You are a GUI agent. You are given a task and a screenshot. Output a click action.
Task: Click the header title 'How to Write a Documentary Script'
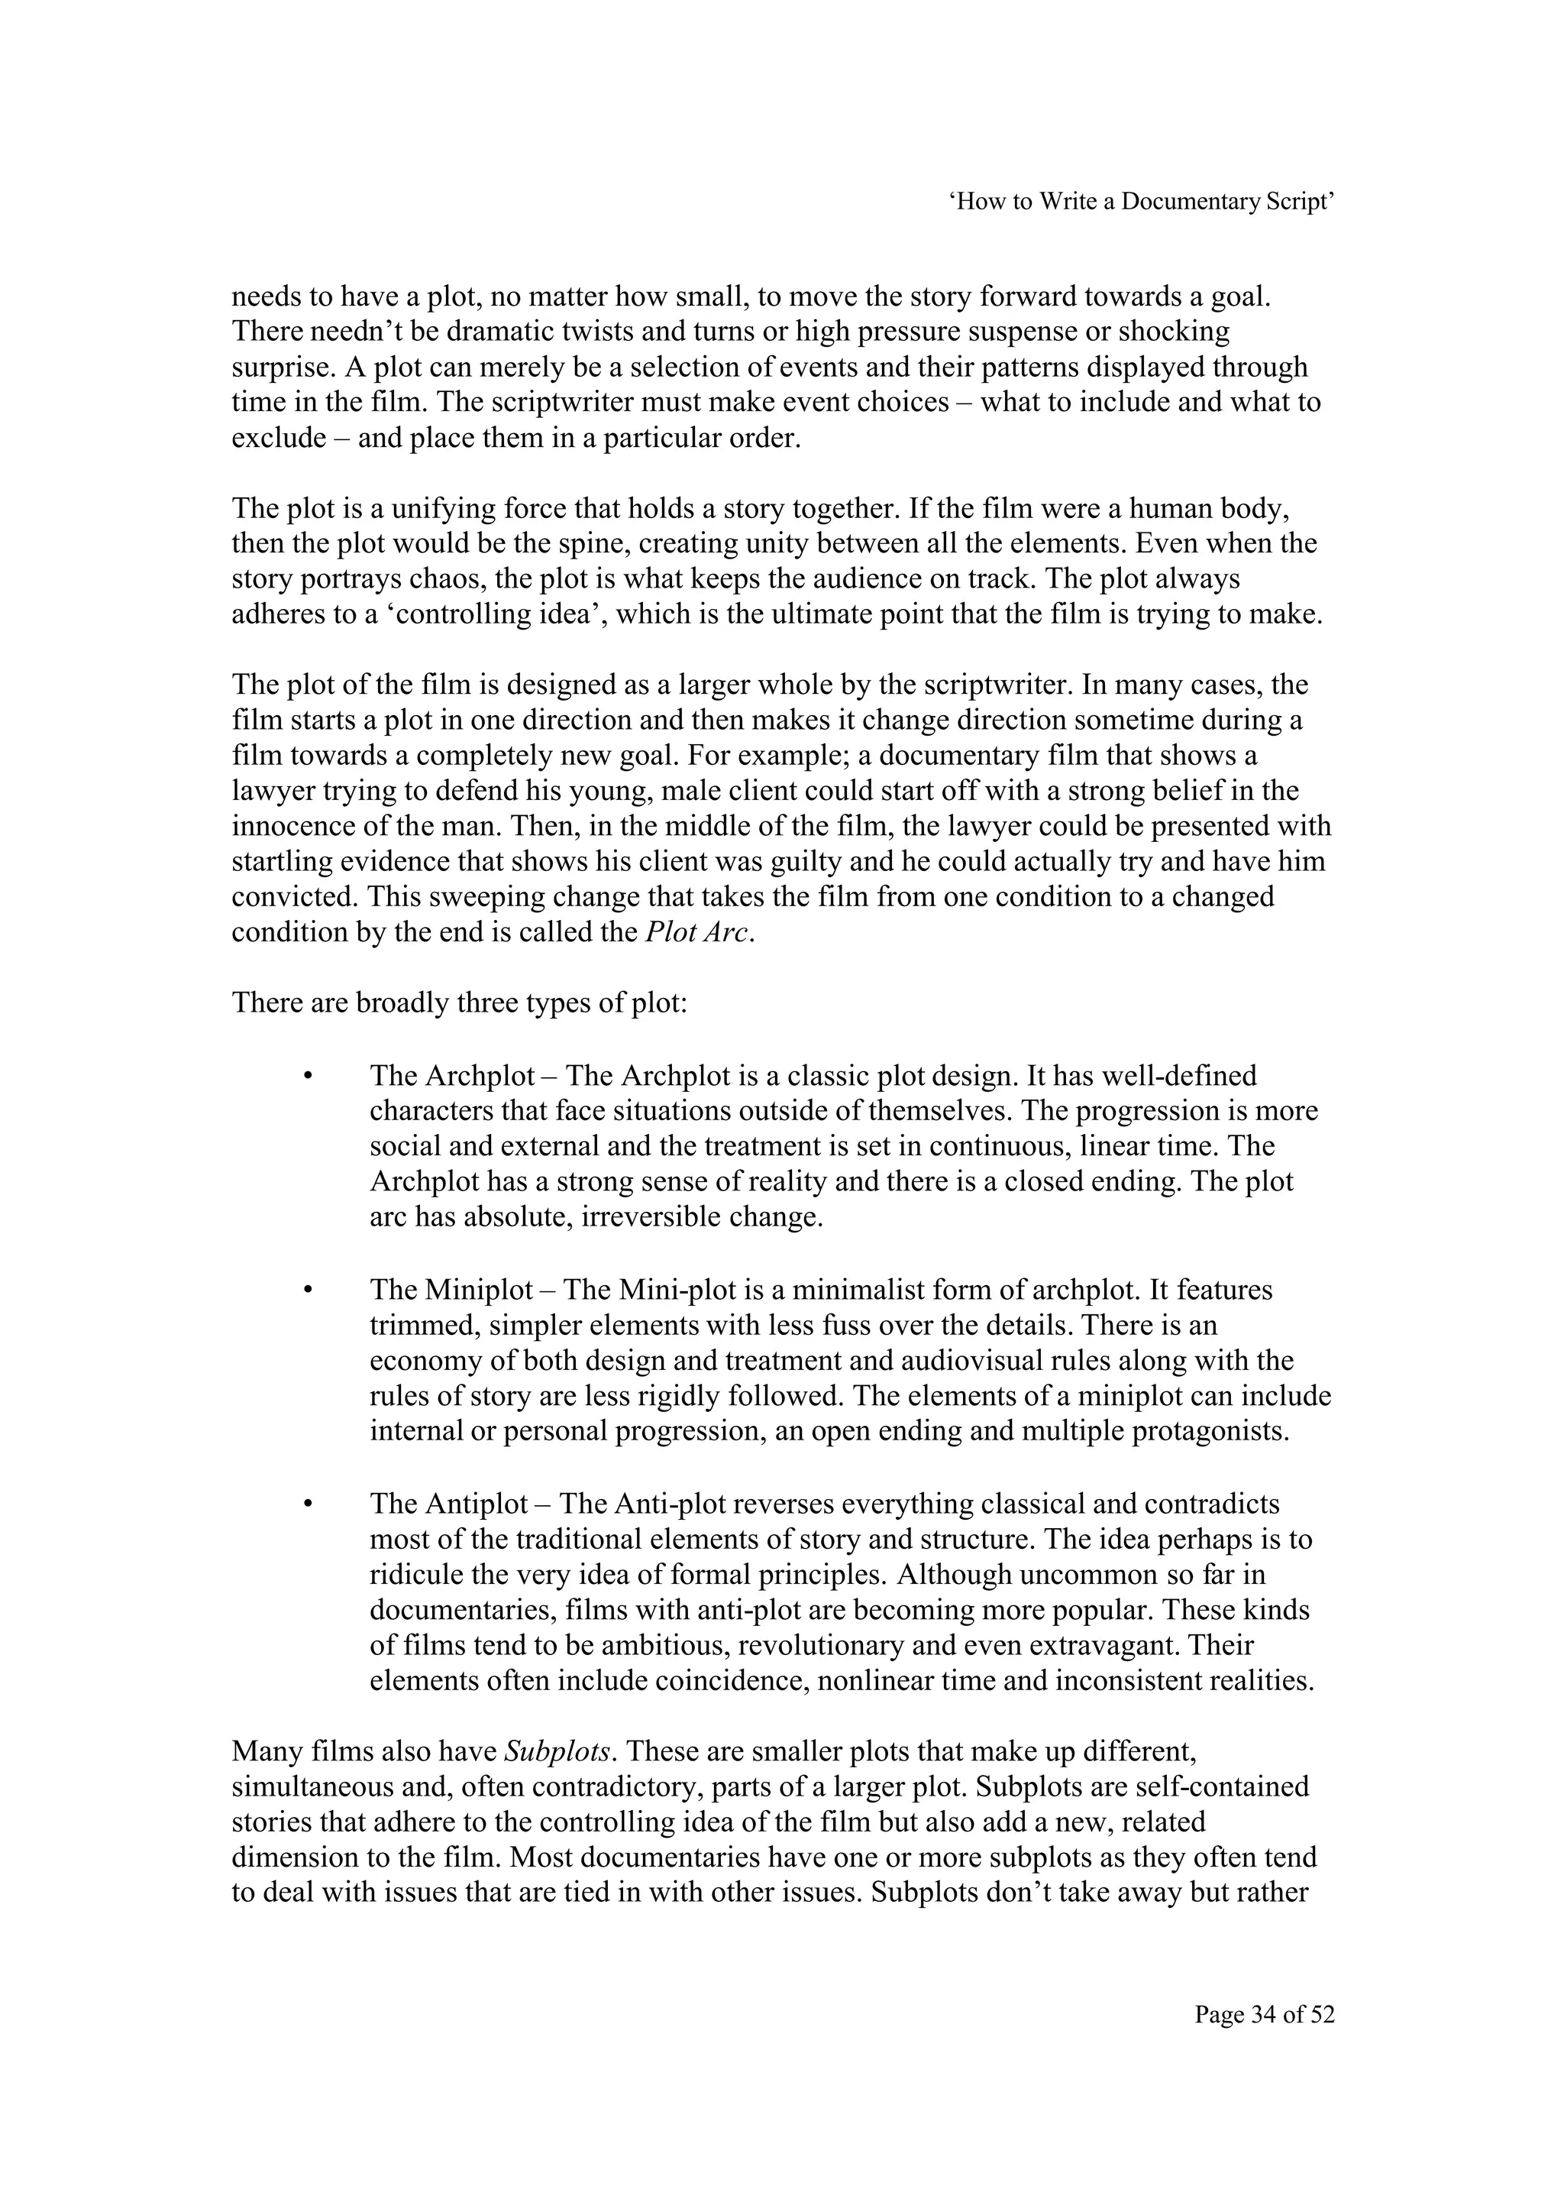[1142, 202]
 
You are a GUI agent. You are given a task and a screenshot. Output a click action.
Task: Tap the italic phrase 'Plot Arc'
[696, 933]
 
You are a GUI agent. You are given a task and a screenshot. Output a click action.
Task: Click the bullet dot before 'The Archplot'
[309, 1075]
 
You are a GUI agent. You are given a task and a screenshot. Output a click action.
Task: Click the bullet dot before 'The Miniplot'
[309, 1290]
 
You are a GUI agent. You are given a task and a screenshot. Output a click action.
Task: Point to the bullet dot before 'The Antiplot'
[309, 1504]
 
